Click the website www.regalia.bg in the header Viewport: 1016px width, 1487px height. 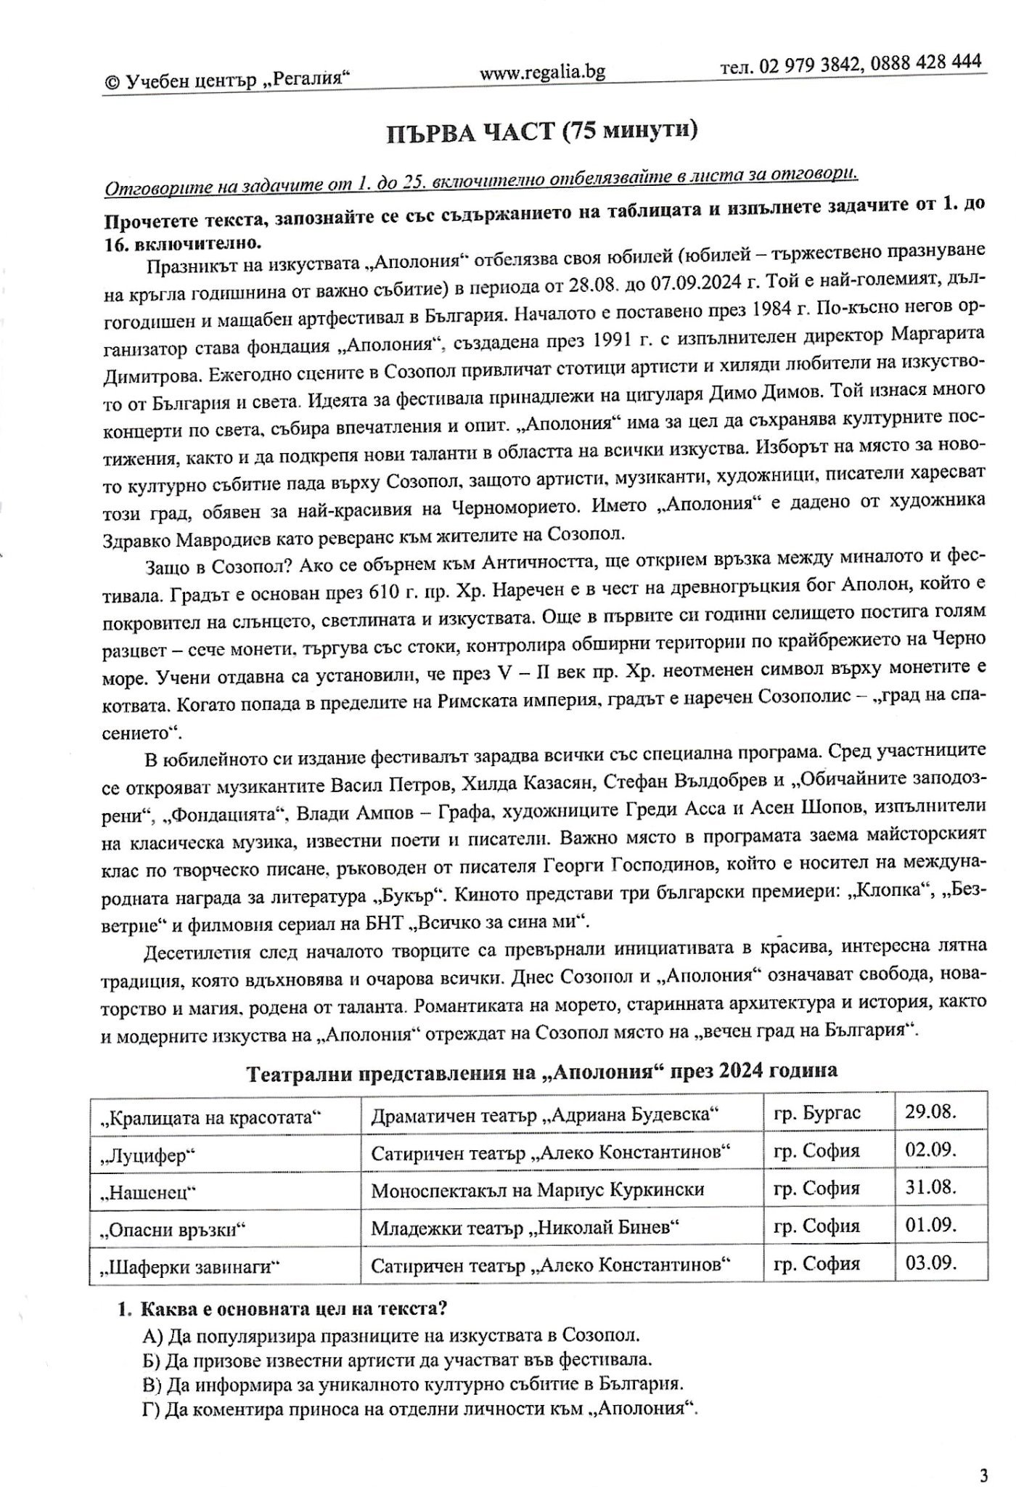coord(542,71)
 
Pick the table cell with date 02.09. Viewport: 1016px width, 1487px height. coord(930,1150)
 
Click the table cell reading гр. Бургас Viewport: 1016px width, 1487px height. coord(817,1113)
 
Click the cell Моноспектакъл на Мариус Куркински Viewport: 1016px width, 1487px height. coord(538,1189)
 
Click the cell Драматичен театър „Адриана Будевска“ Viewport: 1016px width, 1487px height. coord(545,1114)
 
